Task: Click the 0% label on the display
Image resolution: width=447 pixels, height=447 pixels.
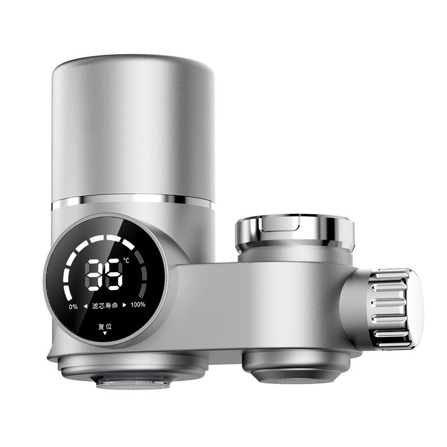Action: coord(73,306)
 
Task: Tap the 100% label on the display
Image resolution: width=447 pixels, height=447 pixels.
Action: coord(138,305)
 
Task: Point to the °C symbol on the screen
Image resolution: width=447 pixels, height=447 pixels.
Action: coord(126,260)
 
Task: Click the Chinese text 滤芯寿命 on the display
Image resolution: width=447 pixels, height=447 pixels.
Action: coord(106,305)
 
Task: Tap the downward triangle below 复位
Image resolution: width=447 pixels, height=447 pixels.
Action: coord(104,334)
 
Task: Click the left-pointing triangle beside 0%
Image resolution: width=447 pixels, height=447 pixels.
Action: coord(85,306)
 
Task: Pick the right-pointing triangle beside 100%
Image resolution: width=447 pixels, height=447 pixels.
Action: coord(125,305)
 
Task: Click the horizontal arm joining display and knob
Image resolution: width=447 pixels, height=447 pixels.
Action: coord(251,302)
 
